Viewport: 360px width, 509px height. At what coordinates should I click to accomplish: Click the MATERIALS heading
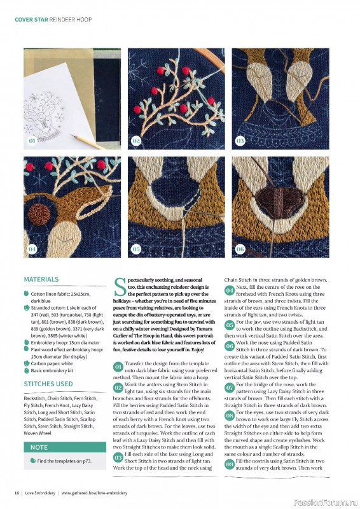pos(41,279)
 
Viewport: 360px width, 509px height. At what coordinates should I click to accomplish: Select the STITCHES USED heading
pos(48,384)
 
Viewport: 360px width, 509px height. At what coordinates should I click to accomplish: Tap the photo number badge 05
pos(136,249)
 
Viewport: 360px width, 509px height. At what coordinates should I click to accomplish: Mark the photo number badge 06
pos(240,249)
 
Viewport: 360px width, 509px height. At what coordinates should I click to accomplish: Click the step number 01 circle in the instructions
pos(118,367)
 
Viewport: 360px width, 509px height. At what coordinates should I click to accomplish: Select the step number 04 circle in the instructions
pos(230,290)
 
